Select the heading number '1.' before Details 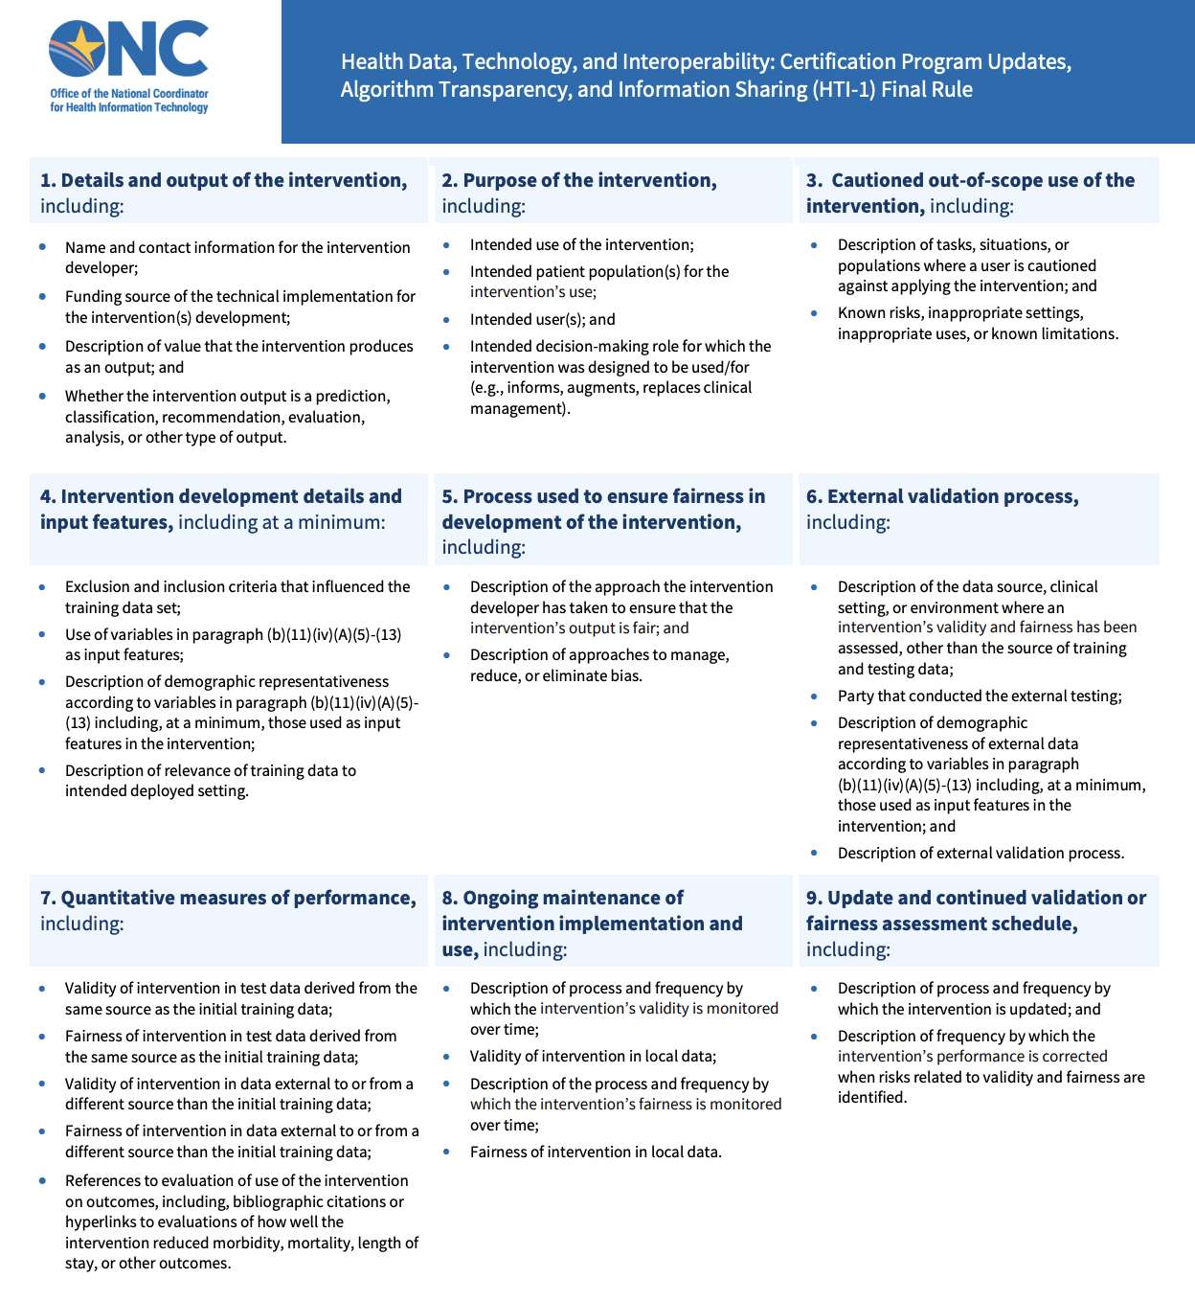point(48,180)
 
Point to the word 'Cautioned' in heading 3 point(879,180)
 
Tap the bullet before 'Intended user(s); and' point(446,319)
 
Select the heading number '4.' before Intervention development point(48,496)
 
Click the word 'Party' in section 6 point(856,696)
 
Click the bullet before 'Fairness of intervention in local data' point(446,1152)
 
